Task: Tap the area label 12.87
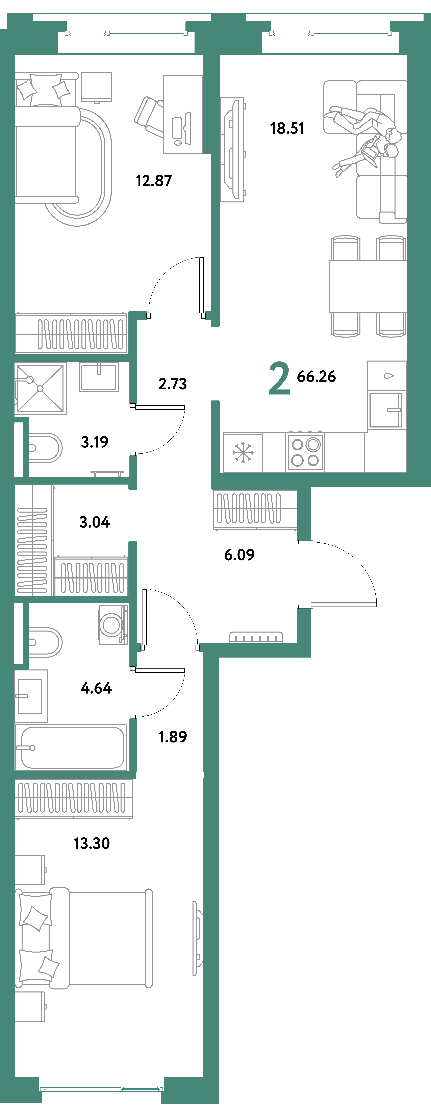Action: click(154, 181)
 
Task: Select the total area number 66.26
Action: click(316, 376)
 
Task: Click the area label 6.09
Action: click(239, 555)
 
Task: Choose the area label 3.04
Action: click(94, 522)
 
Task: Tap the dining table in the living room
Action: click(367, 286)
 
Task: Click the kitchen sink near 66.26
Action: click(385, 410)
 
